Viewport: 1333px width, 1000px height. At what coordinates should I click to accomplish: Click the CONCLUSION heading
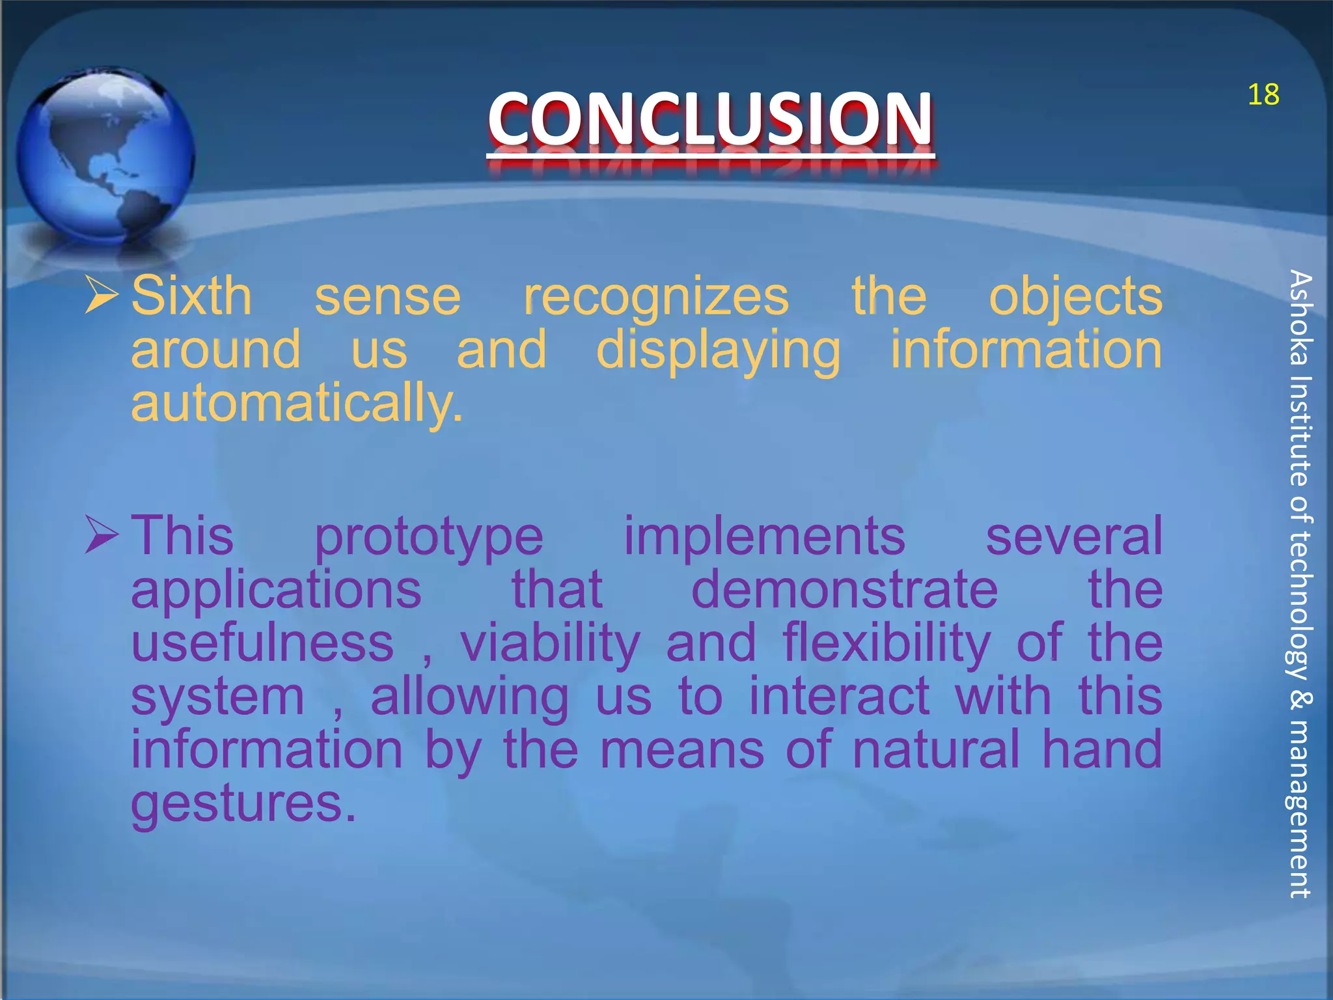pyautogui.click(x=710, y=118)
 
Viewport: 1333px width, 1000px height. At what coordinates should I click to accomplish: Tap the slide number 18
pyautogui.click(x=1263, y=95)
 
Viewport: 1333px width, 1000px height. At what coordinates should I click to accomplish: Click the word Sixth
pyautogui.click(x=191, y=296)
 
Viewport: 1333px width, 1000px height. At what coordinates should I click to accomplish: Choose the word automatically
pyautogui.click(x=297, y=404)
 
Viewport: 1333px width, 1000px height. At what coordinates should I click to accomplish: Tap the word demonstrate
pyautogui.click(x=844, y=590)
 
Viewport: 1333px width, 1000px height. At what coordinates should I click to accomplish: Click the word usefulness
pyautogui.click(x=262, y=643)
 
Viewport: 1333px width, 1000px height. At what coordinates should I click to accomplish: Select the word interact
pyautogui.click(x=838, y=697)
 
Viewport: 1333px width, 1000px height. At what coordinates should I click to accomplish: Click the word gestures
pyautogui.click(x=243, y=805)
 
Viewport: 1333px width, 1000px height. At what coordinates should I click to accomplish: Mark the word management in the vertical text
pyautogui.click(x=1300, y=809)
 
